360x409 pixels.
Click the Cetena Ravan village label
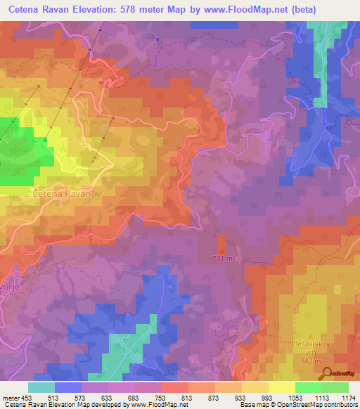pos(62,191)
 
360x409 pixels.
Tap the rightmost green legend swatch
pos(335,387)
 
